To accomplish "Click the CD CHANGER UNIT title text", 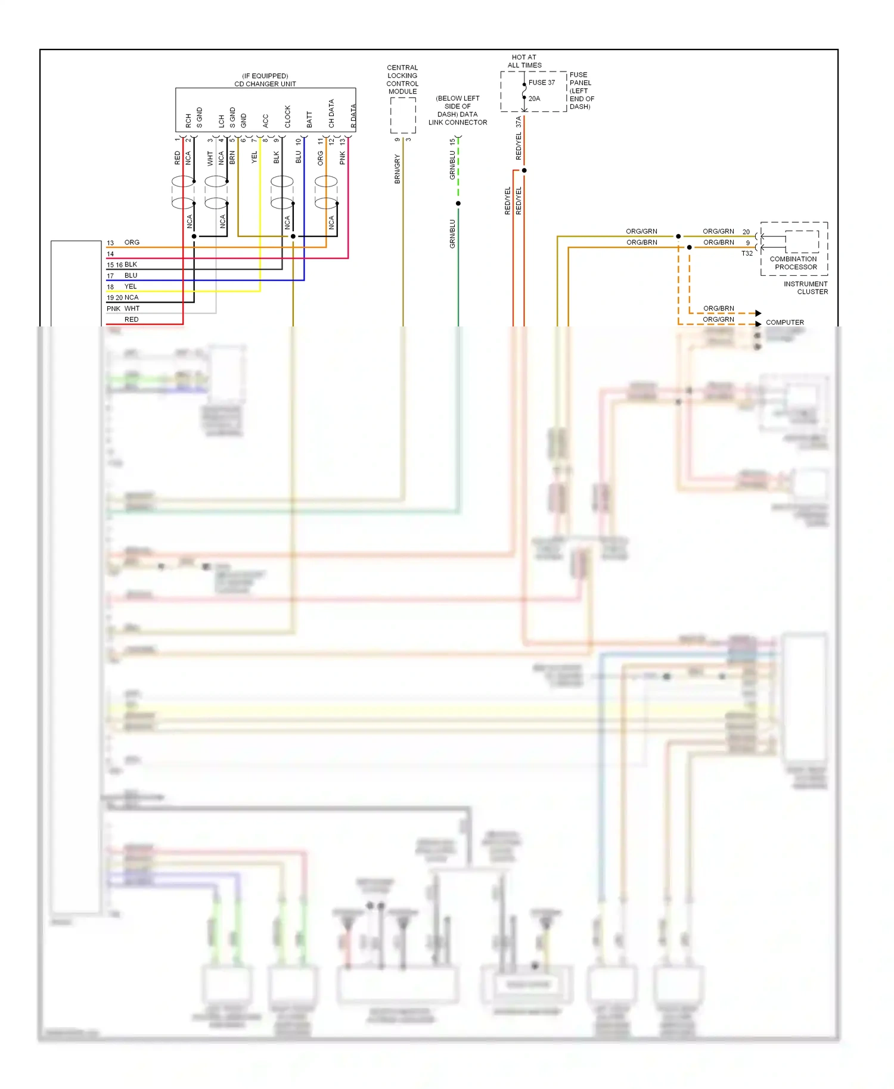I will point(265,84).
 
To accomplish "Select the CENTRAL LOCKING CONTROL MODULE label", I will point(402,79).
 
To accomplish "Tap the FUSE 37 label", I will point(541,83).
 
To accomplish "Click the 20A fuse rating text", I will point(534,99).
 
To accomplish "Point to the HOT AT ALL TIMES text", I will point(524,61).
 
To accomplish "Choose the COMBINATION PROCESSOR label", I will point(793,263).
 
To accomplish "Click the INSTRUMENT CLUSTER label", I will point(806,288).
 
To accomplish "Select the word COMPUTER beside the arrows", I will point(784,322).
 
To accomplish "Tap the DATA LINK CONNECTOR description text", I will point(457,110).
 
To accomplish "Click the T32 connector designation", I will point(746,254).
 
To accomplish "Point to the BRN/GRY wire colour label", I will point(397,169).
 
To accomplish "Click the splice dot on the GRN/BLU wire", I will point(458,204).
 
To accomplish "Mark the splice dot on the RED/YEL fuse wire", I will point(524,170).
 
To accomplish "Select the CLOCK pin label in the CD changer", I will point(287,117).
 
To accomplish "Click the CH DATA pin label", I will point(331,113).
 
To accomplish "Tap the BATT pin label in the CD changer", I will point(309,119).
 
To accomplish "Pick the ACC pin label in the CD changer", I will point(265,120).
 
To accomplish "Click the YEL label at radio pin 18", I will point(131,287).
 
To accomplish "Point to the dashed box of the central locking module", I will point(403,115).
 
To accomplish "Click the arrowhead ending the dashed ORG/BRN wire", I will point(758,313).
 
